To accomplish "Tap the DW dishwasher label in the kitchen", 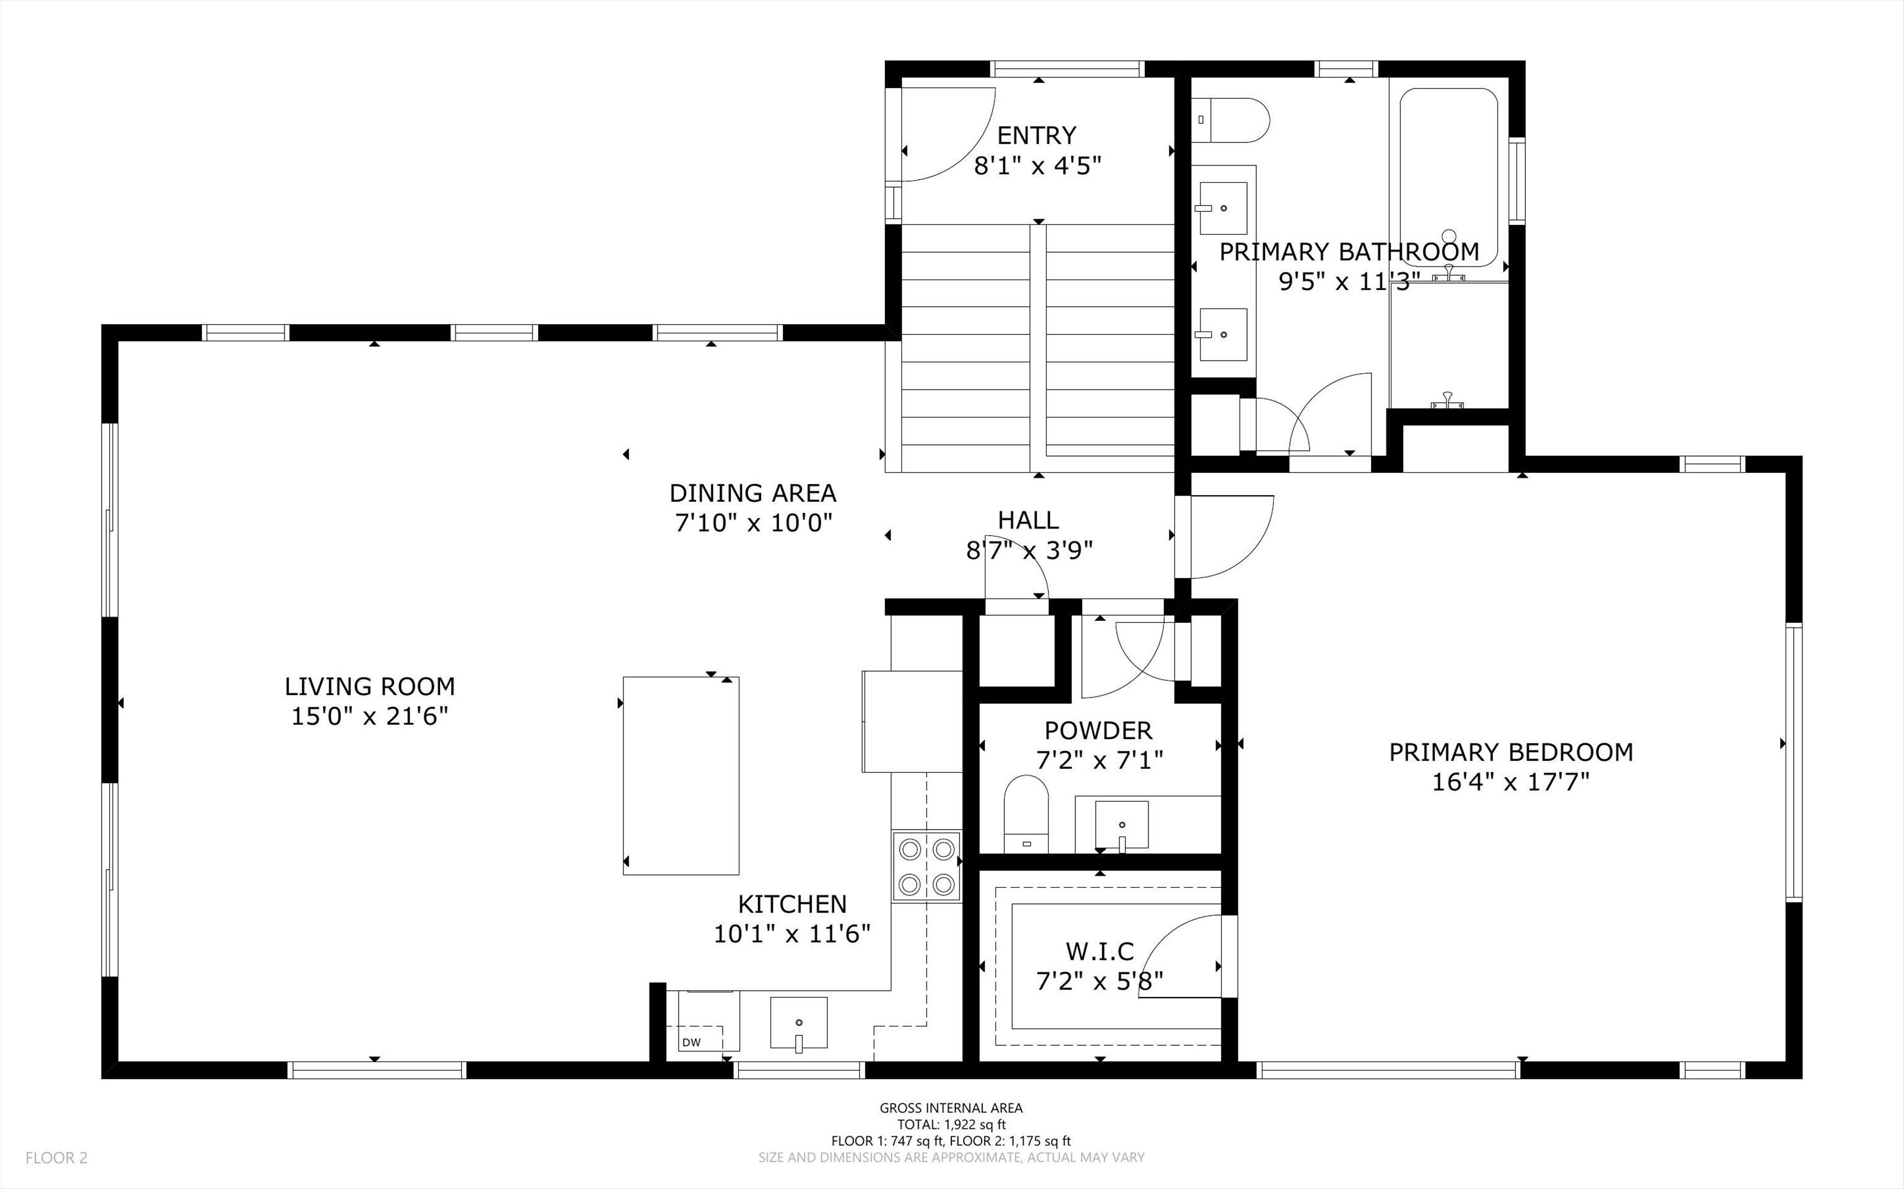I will (690, 1043).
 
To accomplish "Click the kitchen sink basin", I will (798, 1023).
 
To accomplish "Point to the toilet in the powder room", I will (1026, 815).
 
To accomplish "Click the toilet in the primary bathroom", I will (1232, 120).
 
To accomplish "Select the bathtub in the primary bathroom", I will (1448, 178).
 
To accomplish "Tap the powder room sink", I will (1121, 825).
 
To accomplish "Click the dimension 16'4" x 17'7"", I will (1510, 783).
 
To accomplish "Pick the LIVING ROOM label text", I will (369, 687).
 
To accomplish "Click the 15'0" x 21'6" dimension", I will (369, 716).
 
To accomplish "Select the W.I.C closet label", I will (1100, 952).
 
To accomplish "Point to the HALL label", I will (1028, 520).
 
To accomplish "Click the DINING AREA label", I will (752, 493).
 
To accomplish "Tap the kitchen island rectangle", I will (681, 775).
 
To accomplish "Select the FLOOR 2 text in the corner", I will (56, 1157).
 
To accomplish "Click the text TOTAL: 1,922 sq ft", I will (951, 1125).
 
